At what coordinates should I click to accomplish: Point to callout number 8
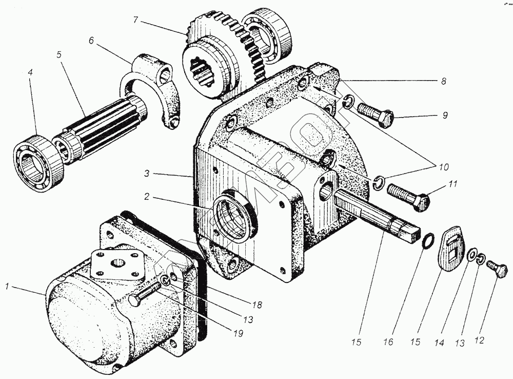click(x=443, y=81)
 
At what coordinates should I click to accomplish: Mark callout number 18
click(x=257, y=305)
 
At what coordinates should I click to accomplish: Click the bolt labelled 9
click(x=376, y=115)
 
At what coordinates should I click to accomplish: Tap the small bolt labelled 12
click(x=498, y=270)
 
